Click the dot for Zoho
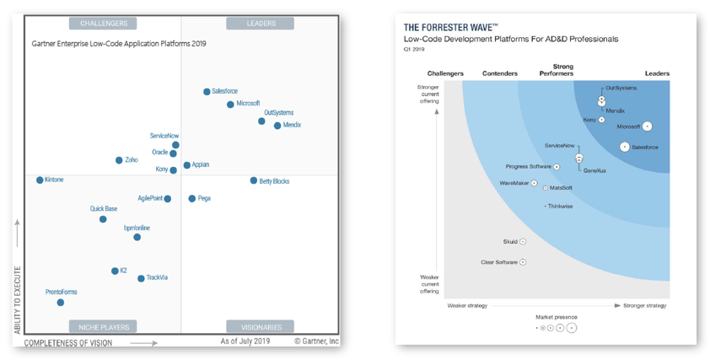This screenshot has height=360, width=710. (119, 160)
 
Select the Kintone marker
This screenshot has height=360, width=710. (40, 180)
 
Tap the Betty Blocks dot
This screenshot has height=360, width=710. (253, 180)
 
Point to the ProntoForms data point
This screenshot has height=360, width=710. (60, 302)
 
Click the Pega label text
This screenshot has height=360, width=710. (204, 199)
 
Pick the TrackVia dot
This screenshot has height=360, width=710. (141, 278)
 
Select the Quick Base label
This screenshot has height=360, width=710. (104, 209)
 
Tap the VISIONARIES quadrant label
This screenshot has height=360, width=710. (261, 326)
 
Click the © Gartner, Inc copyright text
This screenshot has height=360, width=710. (316, 341)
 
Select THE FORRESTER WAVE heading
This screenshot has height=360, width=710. (450, 28)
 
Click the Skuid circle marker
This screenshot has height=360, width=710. (523, 242)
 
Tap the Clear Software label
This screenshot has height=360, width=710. (498, 262)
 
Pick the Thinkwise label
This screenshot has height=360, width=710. (560, 206)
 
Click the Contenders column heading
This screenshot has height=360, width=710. (500, 74)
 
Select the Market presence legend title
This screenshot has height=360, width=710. (557, 317)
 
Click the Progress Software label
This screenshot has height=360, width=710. (528, 167)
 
